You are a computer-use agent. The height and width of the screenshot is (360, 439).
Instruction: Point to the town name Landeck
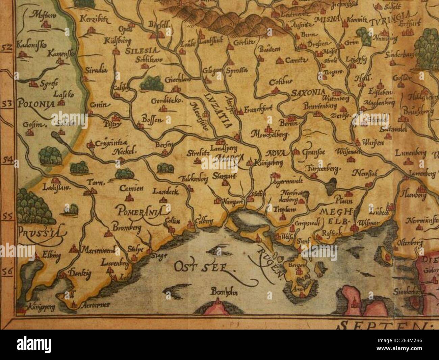[x=165, y=191]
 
